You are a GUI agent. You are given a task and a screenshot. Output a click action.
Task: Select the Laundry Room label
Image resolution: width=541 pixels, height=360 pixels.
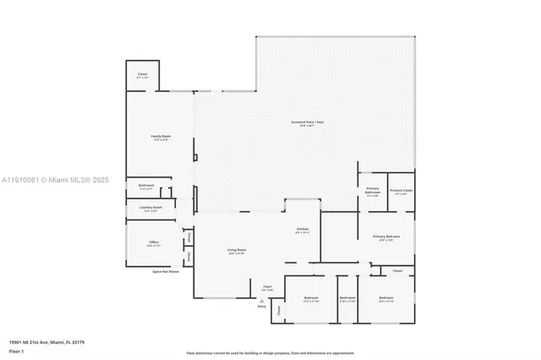tap(150, 209)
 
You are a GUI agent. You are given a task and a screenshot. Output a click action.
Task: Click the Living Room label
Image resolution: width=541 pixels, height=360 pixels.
tap(236, 252)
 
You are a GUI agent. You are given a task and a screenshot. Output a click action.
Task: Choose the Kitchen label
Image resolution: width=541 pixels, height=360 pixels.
tap(302, 231)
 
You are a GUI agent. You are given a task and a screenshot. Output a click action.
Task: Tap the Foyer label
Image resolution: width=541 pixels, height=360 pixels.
tap(266, 289)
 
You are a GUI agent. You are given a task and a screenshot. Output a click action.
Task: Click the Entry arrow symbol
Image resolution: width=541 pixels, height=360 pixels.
tap(262, 300)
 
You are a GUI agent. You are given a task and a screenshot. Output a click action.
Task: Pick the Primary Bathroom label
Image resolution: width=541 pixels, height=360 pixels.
tap(373, 192)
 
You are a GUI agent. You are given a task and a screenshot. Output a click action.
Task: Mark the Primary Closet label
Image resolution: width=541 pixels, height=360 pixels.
tap(401, 192)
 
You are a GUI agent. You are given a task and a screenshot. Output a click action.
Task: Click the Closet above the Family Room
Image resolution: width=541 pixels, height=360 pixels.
tap(143, 76)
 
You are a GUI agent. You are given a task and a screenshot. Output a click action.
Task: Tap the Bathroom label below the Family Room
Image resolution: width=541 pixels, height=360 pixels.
tap(146, 187)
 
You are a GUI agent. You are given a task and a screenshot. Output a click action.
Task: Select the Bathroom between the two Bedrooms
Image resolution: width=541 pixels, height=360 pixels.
tap(347, 299)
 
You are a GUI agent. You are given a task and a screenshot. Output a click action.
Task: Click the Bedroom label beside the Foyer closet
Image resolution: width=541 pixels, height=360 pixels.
tap(311, 299)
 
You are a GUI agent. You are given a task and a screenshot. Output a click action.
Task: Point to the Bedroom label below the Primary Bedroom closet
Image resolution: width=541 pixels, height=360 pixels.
tap(386, 299)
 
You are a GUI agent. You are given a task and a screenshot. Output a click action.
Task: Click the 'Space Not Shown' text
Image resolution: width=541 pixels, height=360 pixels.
tap(166, 272)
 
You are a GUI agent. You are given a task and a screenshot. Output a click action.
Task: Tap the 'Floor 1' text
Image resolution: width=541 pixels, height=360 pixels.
tap(16, 351)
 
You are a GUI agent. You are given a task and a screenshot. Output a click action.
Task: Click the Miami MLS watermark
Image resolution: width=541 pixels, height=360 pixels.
tap(56, 180)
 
